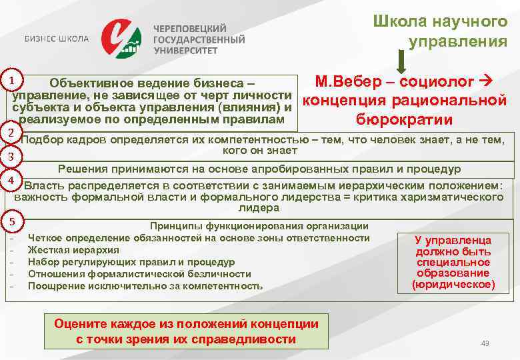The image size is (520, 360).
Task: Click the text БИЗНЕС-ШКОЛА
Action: coord(57,38)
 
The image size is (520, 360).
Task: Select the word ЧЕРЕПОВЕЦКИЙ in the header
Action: coord(190,29)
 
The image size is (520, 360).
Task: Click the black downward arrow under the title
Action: coord(403,63)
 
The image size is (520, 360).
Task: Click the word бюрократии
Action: coord(404,120)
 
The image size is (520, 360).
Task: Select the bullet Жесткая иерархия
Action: coord(73,250)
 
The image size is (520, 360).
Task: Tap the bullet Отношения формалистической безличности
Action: coord(139,274)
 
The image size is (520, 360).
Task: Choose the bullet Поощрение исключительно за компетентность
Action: coord(145,286)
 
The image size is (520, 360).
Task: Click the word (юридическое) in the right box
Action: coord(453,285)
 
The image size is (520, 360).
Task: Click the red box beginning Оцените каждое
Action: coord(186,331)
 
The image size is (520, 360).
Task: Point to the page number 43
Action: coord(485,343)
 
